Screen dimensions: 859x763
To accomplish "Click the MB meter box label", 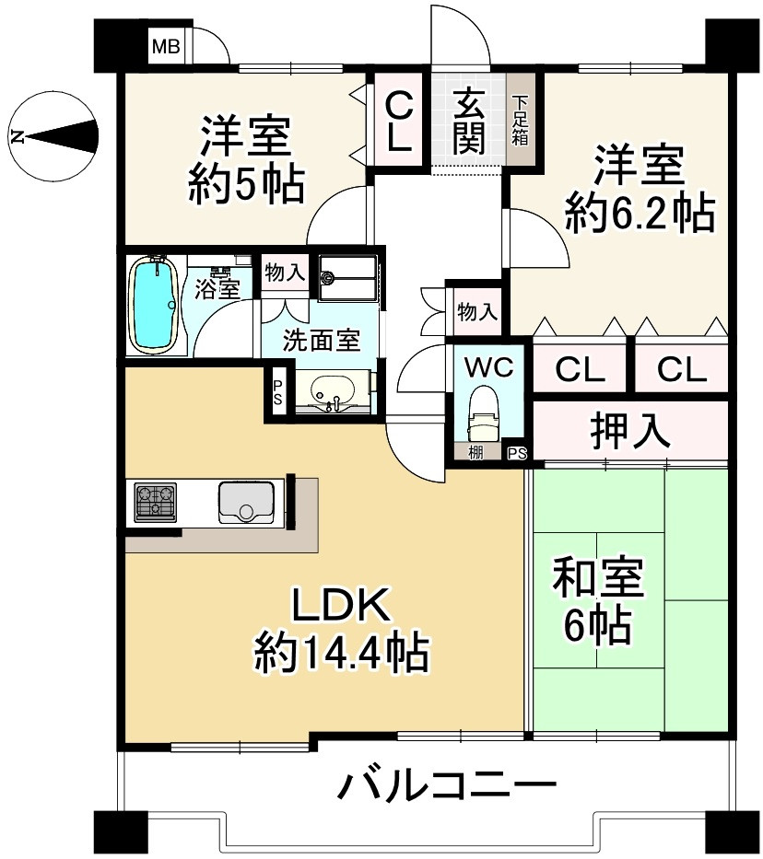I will point(167,46).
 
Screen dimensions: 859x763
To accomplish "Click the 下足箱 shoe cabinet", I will point(520,120).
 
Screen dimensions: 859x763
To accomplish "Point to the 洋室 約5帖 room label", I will point(245,162).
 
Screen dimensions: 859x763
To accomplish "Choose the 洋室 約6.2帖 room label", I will point(639,190).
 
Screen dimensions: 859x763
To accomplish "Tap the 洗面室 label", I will point(322,339).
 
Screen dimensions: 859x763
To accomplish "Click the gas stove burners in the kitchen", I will point(156,503).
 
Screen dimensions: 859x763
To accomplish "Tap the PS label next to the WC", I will point(517,453).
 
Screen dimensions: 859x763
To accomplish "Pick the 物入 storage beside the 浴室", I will point(284,273).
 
